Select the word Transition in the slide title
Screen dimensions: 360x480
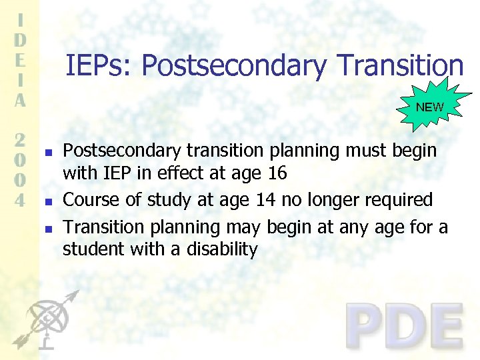pyautogui.click(x=400, y=66)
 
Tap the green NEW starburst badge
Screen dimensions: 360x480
pyautogui.click(x=429, y=107)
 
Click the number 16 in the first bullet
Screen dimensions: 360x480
pyautogui.click(x=277, y=173)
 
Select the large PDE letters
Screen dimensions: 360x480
pyautogui.click(x=405, y=327)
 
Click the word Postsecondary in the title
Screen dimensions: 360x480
pyautogui.click(x=234, y=66)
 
